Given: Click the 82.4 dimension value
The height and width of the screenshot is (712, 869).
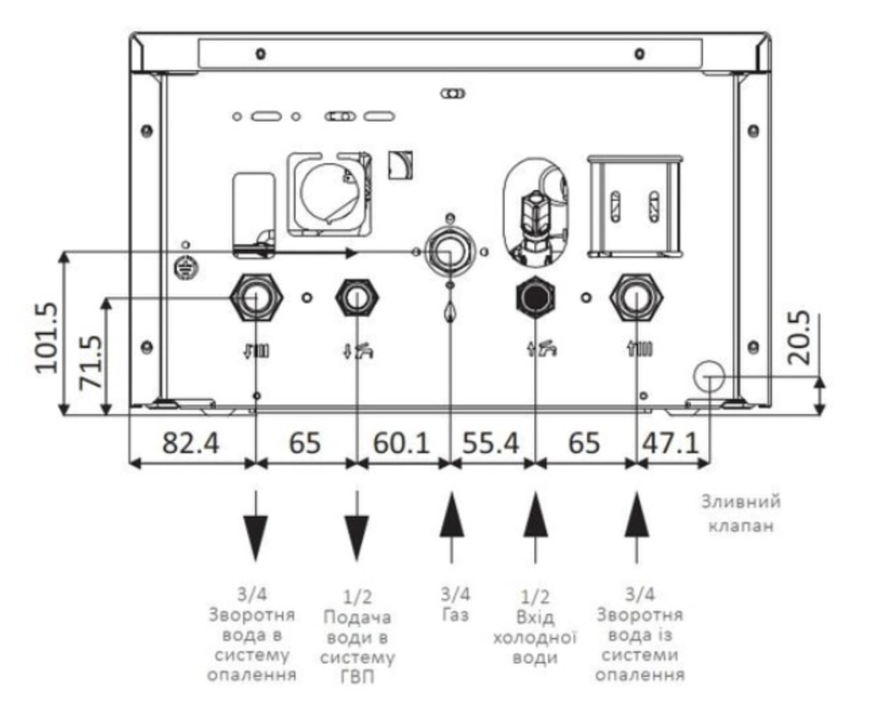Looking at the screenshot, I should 191,443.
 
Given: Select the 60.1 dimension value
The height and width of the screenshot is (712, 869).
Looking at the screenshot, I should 401,443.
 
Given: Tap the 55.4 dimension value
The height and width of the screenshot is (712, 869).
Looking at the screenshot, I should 490,443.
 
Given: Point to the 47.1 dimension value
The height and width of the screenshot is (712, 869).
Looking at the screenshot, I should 671,443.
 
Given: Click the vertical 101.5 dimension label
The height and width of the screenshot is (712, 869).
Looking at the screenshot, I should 48,337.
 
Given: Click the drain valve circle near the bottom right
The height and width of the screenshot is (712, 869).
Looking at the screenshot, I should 708,376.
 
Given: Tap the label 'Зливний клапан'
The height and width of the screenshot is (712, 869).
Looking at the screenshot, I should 740,513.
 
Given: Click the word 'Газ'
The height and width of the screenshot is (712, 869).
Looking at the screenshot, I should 455,615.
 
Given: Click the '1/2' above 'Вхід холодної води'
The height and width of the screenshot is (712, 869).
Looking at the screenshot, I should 534,596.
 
